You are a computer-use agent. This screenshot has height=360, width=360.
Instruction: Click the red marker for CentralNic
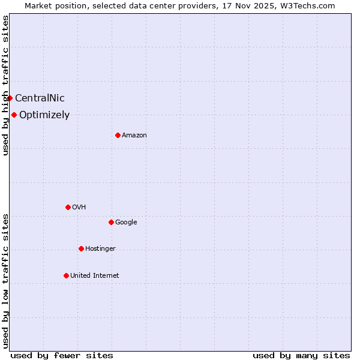[x=10, y=98]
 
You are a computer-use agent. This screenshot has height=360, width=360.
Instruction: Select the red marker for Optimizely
[x=14, y=115]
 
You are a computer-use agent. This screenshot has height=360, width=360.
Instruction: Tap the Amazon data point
[x=118, y=135]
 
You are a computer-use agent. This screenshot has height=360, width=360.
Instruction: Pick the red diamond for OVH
[x=68, y=207]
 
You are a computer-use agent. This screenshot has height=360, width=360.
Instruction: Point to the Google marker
[x=111, y=222]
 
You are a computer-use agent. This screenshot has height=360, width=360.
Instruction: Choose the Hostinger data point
[x=81, y=248]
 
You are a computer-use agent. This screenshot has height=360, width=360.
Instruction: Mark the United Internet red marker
[x=66, y=275]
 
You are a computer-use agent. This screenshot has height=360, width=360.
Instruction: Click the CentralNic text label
[x=40, y=98]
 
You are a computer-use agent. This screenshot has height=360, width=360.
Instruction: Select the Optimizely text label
[x=44, y=115]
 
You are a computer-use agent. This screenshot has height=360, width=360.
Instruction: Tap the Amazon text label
[x=134, y=136]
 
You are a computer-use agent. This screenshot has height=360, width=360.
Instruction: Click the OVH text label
[x=79, y=208]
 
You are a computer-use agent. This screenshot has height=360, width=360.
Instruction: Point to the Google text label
[x=126, y=223]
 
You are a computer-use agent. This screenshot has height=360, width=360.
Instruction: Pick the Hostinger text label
[x=100, y=249]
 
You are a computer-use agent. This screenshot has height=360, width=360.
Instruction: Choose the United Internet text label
[x=95, y=276]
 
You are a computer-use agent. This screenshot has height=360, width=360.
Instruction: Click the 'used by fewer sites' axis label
[x=62, y=356]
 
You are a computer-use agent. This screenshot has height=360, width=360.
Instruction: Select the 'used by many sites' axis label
[x=301, y=356]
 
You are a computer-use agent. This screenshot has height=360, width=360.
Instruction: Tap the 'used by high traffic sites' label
[x=6, y=85]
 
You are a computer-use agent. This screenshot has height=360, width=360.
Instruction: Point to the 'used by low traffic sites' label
[x=6, y=281]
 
